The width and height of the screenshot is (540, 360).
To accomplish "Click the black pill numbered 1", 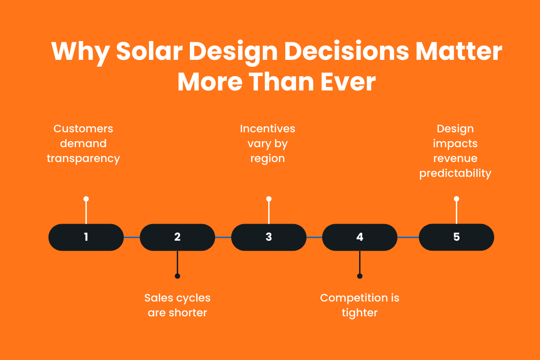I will pos(86,237).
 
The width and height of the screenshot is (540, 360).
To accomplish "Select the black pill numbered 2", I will pos(177,237).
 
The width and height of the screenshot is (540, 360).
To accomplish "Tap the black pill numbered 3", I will pos(269,237).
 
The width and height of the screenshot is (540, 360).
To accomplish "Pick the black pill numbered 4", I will pos(360,237).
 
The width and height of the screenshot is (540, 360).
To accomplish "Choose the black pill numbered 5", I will pos(456,237).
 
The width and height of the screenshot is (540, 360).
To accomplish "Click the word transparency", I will pos(83,159).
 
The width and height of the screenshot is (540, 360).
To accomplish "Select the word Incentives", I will pos(268,129).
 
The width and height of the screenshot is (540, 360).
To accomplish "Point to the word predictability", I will pos(455,174).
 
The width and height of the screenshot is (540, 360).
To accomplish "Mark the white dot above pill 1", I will pos(86,199).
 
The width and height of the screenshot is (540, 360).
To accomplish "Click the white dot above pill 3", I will pos(269,199).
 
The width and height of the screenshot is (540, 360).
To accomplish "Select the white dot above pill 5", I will pos(456,199).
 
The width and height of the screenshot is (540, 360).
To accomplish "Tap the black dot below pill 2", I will pos(177,276).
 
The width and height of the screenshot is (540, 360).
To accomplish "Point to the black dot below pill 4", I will pos(360,276).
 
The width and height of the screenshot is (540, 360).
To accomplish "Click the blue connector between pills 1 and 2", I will pos(132,237).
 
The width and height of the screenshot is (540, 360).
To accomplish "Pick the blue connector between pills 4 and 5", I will pos(408,237).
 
